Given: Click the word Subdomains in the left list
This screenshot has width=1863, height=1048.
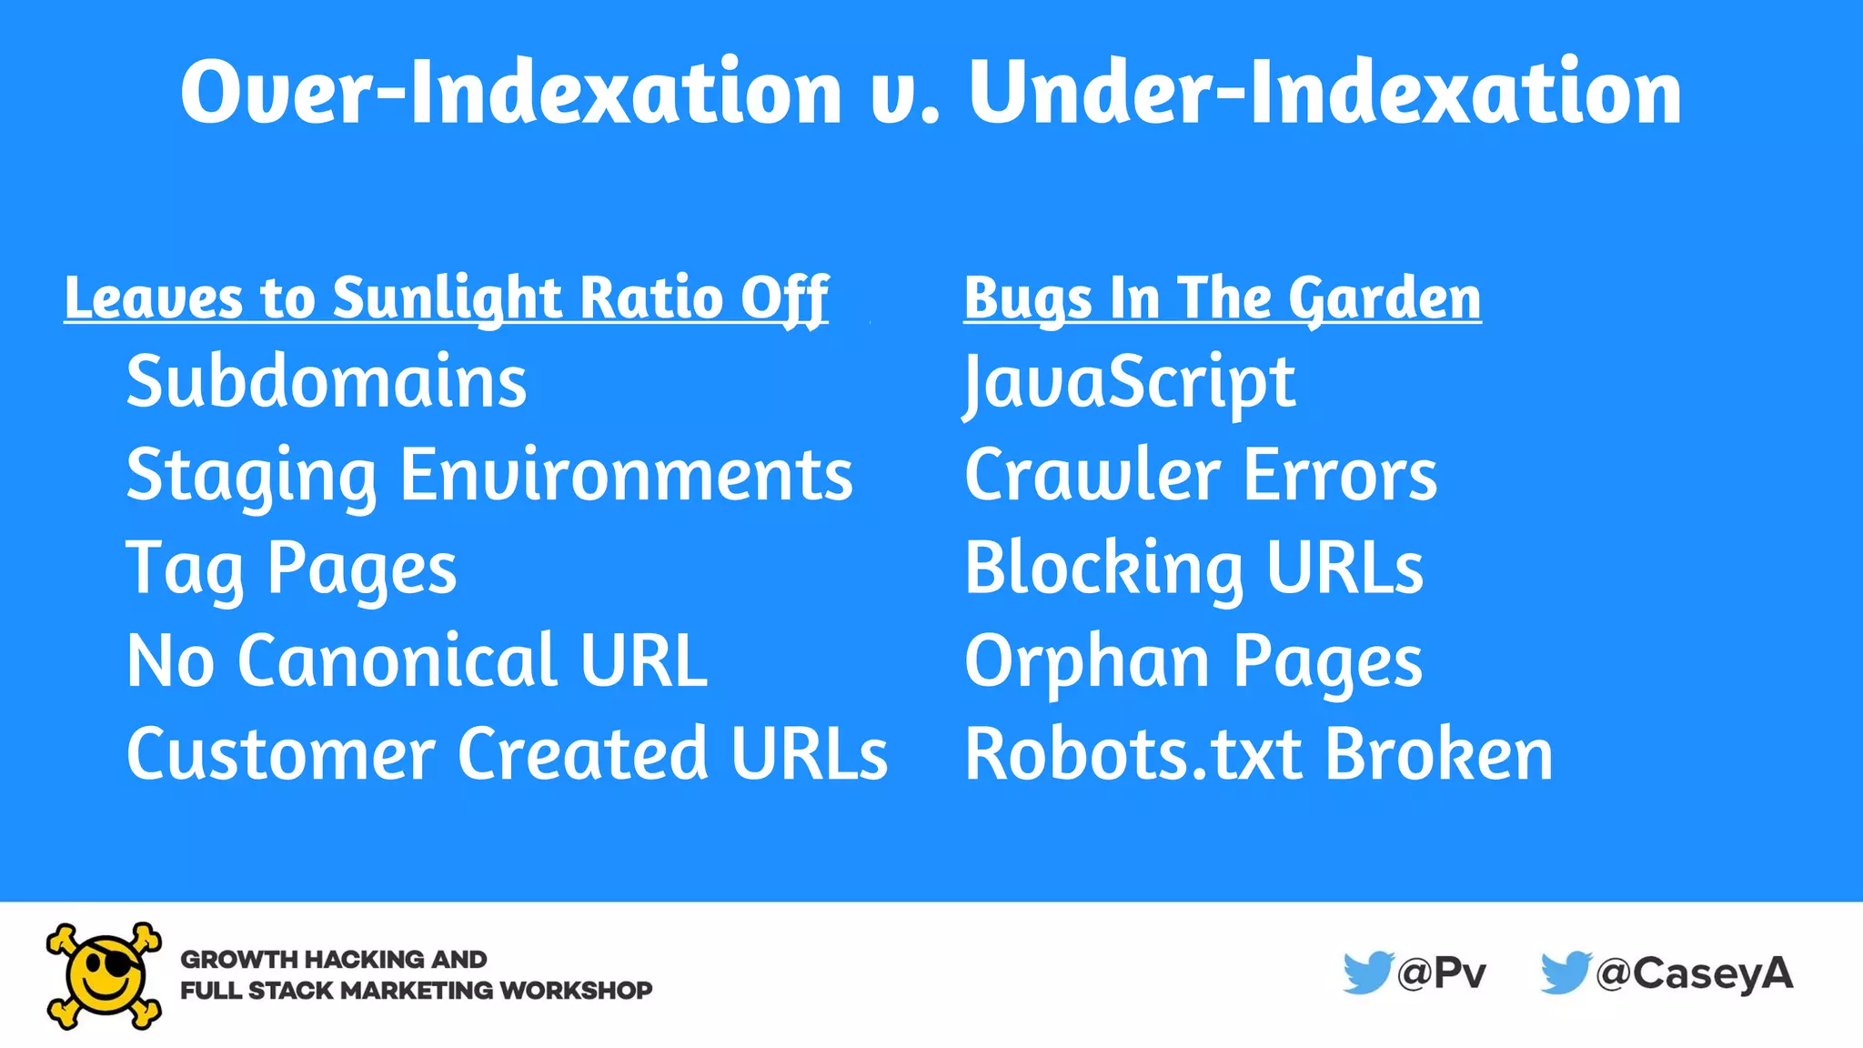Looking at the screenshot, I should click(x=326, y=382).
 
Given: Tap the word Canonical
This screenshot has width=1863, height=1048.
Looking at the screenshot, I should click(x=397, y=661).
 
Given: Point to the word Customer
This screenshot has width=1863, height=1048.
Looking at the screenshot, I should click(x=281, y=755).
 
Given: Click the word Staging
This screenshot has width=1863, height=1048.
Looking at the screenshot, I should click(x=251, y=476).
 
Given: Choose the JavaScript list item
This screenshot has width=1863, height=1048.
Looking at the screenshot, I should click(x=1129, y=382).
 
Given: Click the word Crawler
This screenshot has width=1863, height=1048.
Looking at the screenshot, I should click(x=1092, y=476).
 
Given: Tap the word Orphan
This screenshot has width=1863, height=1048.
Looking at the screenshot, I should click(x=1086, y=661).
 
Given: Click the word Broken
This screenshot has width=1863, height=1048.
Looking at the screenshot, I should click(x=1439, y=755).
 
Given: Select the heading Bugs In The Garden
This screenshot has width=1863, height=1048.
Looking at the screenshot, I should click(x=1222, y=298).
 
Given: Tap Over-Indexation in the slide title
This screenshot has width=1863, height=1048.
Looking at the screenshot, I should click(x=511, y=93).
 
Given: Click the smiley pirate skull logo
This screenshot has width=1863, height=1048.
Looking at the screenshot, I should click(x=104, y=975).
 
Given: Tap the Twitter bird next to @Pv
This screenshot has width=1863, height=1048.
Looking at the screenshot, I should click(x=1367, y=972).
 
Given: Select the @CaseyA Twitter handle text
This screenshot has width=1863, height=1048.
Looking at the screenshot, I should click(x=1694, y=973).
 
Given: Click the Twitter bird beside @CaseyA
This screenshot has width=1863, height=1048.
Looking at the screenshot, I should click(x=1565, y=972).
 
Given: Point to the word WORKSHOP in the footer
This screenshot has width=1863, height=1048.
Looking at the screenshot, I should click(x=575, y=990).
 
